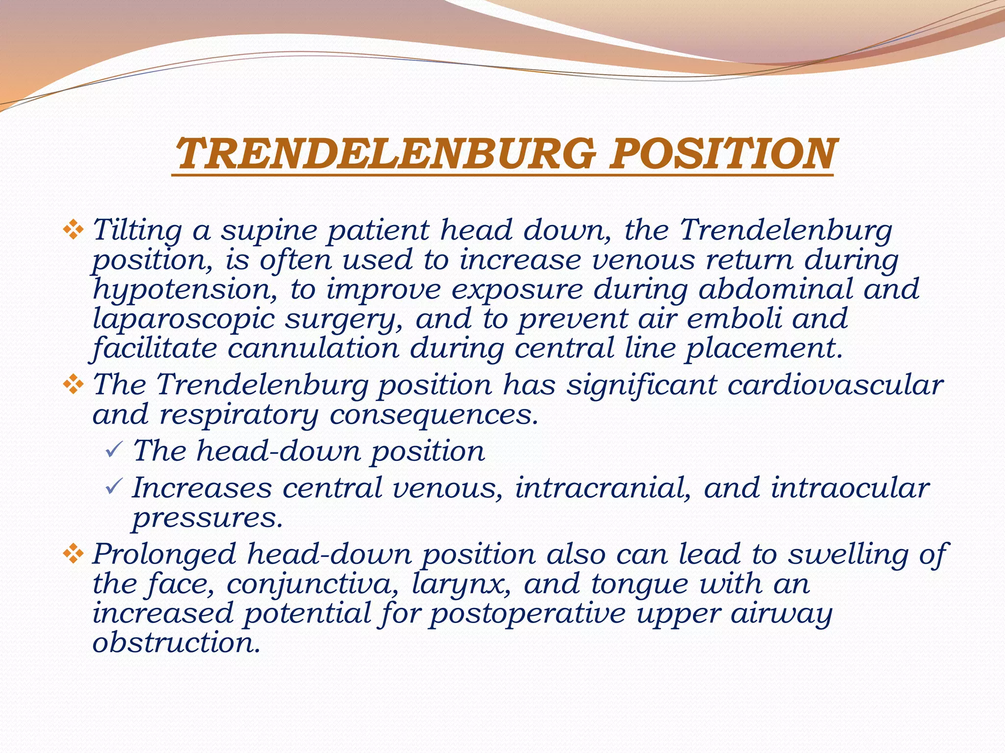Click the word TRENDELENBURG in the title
click(x=386, y=153)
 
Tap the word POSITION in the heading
click(x=721, y=153)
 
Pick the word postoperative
click(x=528, y=614)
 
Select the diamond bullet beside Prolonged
click(x=73, y=554)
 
